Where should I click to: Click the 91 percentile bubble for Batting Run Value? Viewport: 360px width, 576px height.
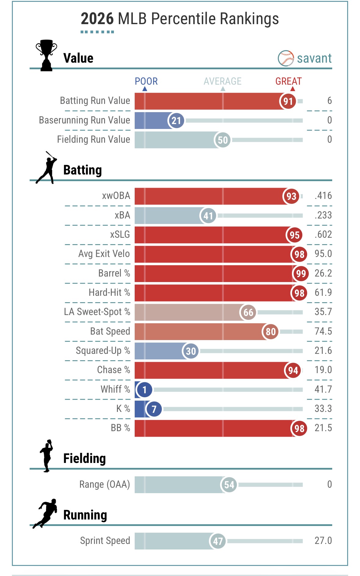[x=288, y=101]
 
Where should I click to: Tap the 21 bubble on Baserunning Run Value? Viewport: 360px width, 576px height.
[x=176, y=120]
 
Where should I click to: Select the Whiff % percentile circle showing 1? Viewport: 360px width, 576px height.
[x=144, y=390]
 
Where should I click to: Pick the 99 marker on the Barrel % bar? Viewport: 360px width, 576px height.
[x=301, y=273]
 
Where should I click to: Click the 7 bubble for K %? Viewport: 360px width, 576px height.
[x=154, y=409]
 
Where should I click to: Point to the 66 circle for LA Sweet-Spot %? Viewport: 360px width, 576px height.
[x=248, y=312]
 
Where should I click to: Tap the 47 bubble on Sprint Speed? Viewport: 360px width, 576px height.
[x=217, y=541]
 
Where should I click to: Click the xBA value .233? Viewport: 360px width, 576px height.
[x=323, y=215]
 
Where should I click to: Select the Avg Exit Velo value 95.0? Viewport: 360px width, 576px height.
[x=323, y=254]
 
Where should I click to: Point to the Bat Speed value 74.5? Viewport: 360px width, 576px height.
[x=323, y=331]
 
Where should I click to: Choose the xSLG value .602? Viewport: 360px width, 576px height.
[x=323, y=234]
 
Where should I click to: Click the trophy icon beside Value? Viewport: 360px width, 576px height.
[x=46, y=55]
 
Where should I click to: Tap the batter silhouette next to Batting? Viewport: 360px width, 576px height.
[x=47, y=168]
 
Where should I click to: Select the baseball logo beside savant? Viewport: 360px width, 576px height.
[x=285, y=58]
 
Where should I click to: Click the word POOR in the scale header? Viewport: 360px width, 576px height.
[x=146, y=81]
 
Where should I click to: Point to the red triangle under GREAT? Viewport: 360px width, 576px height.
[x=293, y=89]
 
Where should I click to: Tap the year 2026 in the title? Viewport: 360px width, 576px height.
[x=97, y=19]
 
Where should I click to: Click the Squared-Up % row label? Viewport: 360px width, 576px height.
[x=103, y=350]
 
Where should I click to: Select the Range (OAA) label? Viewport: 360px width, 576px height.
[x=104, y=484]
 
